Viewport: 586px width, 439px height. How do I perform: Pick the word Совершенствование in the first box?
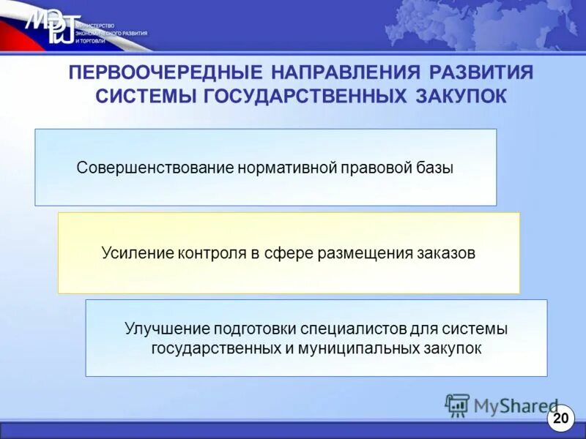155,168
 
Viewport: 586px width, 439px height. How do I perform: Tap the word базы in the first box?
434,168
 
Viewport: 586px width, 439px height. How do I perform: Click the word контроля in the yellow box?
209,253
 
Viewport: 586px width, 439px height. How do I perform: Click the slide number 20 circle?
560,419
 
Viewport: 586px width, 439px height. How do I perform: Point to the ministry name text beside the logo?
110,34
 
